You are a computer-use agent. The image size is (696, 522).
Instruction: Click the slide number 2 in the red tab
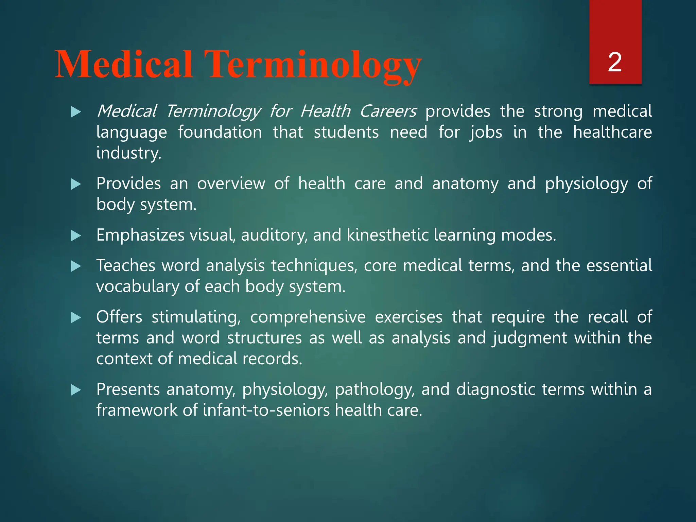pos(615,62)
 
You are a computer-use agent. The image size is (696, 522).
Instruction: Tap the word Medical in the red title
pos(124,65)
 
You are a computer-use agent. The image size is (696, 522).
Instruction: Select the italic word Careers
pos(388,111)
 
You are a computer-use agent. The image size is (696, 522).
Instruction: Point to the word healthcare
pos(612,132)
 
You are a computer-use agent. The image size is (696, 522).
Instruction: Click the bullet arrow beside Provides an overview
pos(76,184)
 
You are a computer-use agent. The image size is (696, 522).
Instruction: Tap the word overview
pos(231,184)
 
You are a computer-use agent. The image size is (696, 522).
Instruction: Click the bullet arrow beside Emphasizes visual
pos(76,236)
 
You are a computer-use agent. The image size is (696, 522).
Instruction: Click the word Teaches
pos(126,265)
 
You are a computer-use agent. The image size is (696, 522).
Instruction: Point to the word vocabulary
pos(137,287)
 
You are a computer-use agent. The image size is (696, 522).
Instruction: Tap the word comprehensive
pos(308,317)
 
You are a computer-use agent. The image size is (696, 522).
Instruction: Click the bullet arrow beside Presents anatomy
pos(76,390)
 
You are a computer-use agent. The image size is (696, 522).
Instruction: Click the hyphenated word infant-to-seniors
pos(266,410)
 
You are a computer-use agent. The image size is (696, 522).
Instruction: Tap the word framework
pos(137,410)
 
